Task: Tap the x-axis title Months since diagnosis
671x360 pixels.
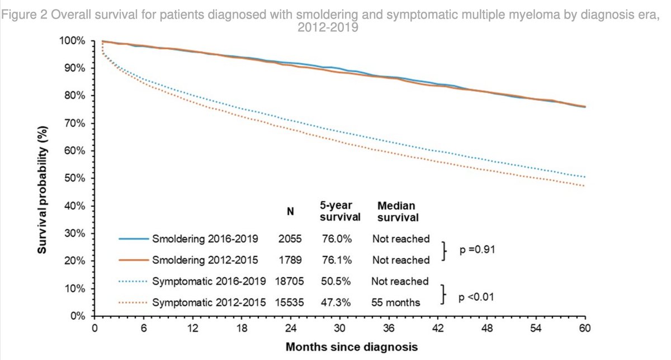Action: [x=352, y=347]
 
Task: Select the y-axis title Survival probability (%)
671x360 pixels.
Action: [x=42, y=190]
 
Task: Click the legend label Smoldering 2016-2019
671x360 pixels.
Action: [x=205, y=239]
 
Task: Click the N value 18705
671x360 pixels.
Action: [x=289, y=281]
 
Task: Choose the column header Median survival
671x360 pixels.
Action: [x=398, y=211]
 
